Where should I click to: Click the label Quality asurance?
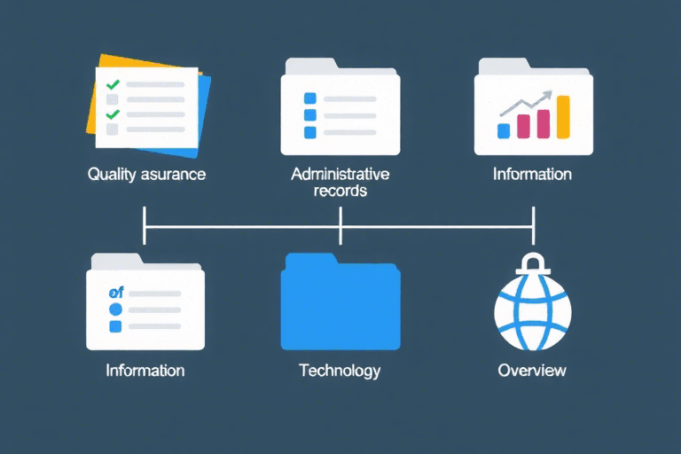coord(146,174)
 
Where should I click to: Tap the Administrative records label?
coord(340,182)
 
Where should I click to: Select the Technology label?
coord(340,370)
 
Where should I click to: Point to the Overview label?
coord(532,370)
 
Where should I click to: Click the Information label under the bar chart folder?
coord(532,174)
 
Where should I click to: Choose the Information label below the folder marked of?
coord(145,370)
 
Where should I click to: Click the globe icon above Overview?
coord(532,310)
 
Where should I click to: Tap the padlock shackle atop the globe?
coord(532,262)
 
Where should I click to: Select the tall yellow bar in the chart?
coord(562,117)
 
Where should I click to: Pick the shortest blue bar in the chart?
coord(504,130)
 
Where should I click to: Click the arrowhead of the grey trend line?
coord(549,94)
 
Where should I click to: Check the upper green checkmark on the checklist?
coord(113,85)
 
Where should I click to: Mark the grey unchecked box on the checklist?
coord(113,129)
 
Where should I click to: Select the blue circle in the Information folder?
coord(113,309)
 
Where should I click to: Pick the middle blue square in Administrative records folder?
coord(309,115)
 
